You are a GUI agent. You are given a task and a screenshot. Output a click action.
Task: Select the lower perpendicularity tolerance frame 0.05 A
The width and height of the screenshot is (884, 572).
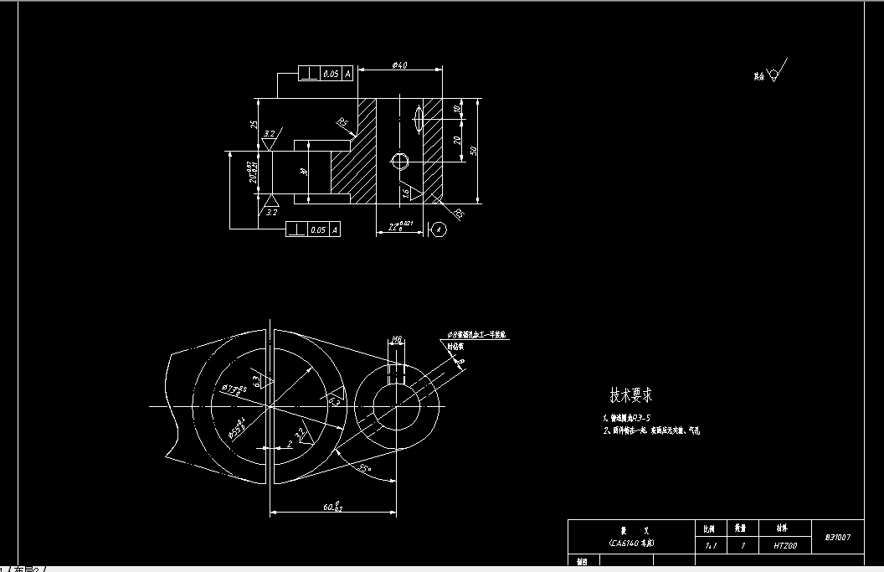313,229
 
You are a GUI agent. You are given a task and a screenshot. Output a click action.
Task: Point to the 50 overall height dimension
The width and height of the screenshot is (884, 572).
473,151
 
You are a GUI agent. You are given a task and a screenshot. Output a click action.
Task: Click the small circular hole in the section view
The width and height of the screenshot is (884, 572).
399,161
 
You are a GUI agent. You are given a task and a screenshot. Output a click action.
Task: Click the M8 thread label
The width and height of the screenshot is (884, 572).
398,339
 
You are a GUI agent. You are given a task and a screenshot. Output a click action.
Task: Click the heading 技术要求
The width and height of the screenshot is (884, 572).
630,394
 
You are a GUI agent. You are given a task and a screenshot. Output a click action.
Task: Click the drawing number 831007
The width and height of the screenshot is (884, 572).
838,537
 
